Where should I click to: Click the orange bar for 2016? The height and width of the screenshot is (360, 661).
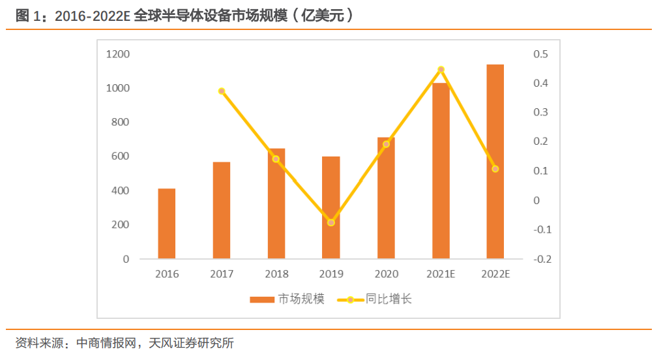coord(167,224)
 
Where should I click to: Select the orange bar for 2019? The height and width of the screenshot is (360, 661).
coord(331,207)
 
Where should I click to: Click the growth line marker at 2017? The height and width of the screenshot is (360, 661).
coord(222,91)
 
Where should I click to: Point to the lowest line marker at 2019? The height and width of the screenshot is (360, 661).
coord(331,222)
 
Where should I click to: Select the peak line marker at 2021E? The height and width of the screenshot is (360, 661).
coord(441,70)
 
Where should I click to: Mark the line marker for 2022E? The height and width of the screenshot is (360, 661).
coord(495,169)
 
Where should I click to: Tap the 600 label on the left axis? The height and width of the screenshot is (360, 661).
coord(120,157)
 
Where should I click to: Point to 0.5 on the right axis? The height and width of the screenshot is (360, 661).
coord(541,54)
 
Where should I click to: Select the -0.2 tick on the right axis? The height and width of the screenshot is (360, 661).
coord(542,259)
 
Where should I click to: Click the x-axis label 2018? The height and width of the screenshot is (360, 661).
coord(276,275)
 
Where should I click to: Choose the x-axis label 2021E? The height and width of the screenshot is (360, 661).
coord(441,275)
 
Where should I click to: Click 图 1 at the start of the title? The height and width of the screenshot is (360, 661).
coord(30,16)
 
